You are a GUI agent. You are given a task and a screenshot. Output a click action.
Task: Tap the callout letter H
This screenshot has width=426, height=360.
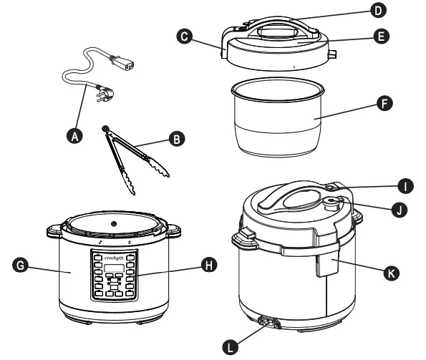coord(209,266)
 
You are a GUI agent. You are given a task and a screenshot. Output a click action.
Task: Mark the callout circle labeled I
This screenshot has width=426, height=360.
coord(405,187)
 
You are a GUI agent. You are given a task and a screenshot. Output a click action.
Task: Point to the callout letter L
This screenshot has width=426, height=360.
coord(228,346)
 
